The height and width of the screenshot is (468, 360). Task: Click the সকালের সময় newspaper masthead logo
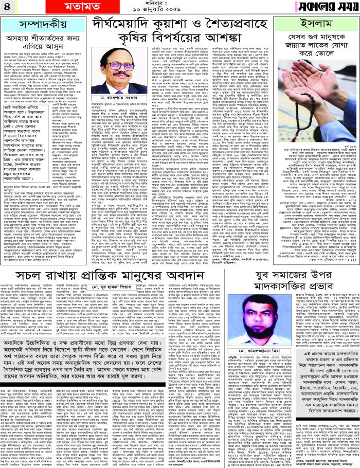324,9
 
